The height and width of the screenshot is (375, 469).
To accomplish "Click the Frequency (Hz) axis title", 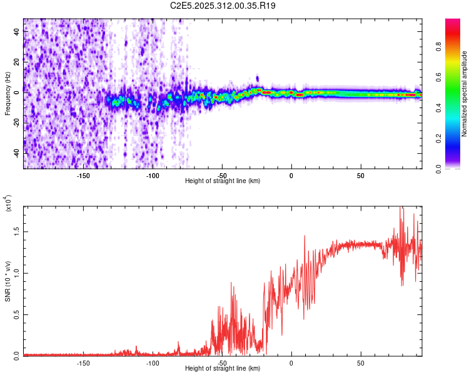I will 8,94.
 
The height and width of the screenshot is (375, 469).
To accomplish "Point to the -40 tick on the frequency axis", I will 16,153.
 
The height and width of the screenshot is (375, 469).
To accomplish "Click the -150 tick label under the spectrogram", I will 83,174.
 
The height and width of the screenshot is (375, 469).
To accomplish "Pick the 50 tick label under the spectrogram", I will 361,174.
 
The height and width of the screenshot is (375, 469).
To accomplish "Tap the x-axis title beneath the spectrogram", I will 223,181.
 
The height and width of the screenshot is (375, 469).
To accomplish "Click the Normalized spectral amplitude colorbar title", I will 465,94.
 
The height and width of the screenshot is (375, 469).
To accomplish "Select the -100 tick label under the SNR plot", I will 152,362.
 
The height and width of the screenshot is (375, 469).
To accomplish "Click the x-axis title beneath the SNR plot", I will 223,369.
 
